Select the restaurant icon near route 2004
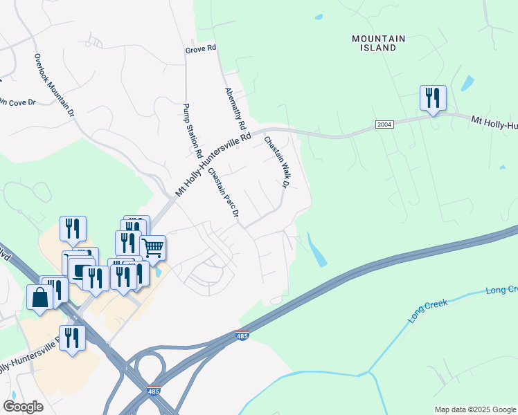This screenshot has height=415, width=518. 433,98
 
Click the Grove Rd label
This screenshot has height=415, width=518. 201,48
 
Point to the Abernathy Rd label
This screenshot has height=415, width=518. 235,109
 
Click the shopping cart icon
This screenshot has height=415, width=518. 152,246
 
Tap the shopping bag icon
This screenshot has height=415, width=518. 40,297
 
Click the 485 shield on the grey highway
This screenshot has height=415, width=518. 240,335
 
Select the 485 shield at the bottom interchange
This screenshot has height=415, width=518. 154,391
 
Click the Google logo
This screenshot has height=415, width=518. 23,407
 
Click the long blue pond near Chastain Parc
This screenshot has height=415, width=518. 316,251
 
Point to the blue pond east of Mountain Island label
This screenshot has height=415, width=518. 467,84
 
